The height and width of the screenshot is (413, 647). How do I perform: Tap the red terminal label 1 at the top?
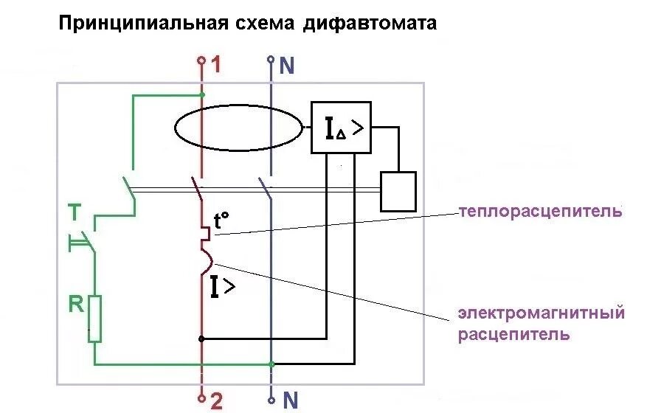[x=215, y=65]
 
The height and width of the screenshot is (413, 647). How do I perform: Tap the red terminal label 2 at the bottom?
[x=215, y=400]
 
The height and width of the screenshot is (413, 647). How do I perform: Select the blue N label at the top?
[x=287, y=66]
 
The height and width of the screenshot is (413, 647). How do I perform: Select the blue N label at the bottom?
[x=290, y=400]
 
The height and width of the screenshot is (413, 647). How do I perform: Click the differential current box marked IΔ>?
[x=341, y=128]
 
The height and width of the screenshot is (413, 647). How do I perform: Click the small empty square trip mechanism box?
[x=398, y=191]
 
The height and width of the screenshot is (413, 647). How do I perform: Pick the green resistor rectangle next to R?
[x=94, y=318]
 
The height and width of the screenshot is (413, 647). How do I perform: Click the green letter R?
[x=76, y=305]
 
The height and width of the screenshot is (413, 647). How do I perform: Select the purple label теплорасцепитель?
[x=540, y=212]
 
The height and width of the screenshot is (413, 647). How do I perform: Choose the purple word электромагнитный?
[x=541, y=313]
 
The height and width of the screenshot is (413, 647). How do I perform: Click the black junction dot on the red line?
[x=201, y=339]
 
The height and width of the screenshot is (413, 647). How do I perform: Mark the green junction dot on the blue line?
[x=272, y=364]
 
